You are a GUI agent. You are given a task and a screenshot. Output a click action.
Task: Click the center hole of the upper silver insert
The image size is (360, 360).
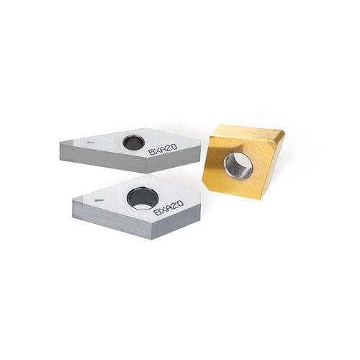(133, 143)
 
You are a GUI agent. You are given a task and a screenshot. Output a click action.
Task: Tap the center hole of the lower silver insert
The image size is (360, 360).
(143, 199)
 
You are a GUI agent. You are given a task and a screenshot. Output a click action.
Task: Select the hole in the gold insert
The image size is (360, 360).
(238, 166)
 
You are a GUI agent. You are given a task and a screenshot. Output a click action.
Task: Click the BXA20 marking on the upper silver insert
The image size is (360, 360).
(163, 149)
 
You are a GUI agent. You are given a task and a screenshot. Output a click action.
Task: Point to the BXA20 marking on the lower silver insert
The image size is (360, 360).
(168, 207)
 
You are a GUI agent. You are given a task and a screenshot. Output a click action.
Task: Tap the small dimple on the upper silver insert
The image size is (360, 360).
(91, 142)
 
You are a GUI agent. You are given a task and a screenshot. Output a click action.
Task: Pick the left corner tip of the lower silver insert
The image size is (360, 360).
(73, 201)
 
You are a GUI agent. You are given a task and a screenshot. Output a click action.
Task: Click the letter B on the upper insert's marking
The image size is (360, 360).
(151, 152)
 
